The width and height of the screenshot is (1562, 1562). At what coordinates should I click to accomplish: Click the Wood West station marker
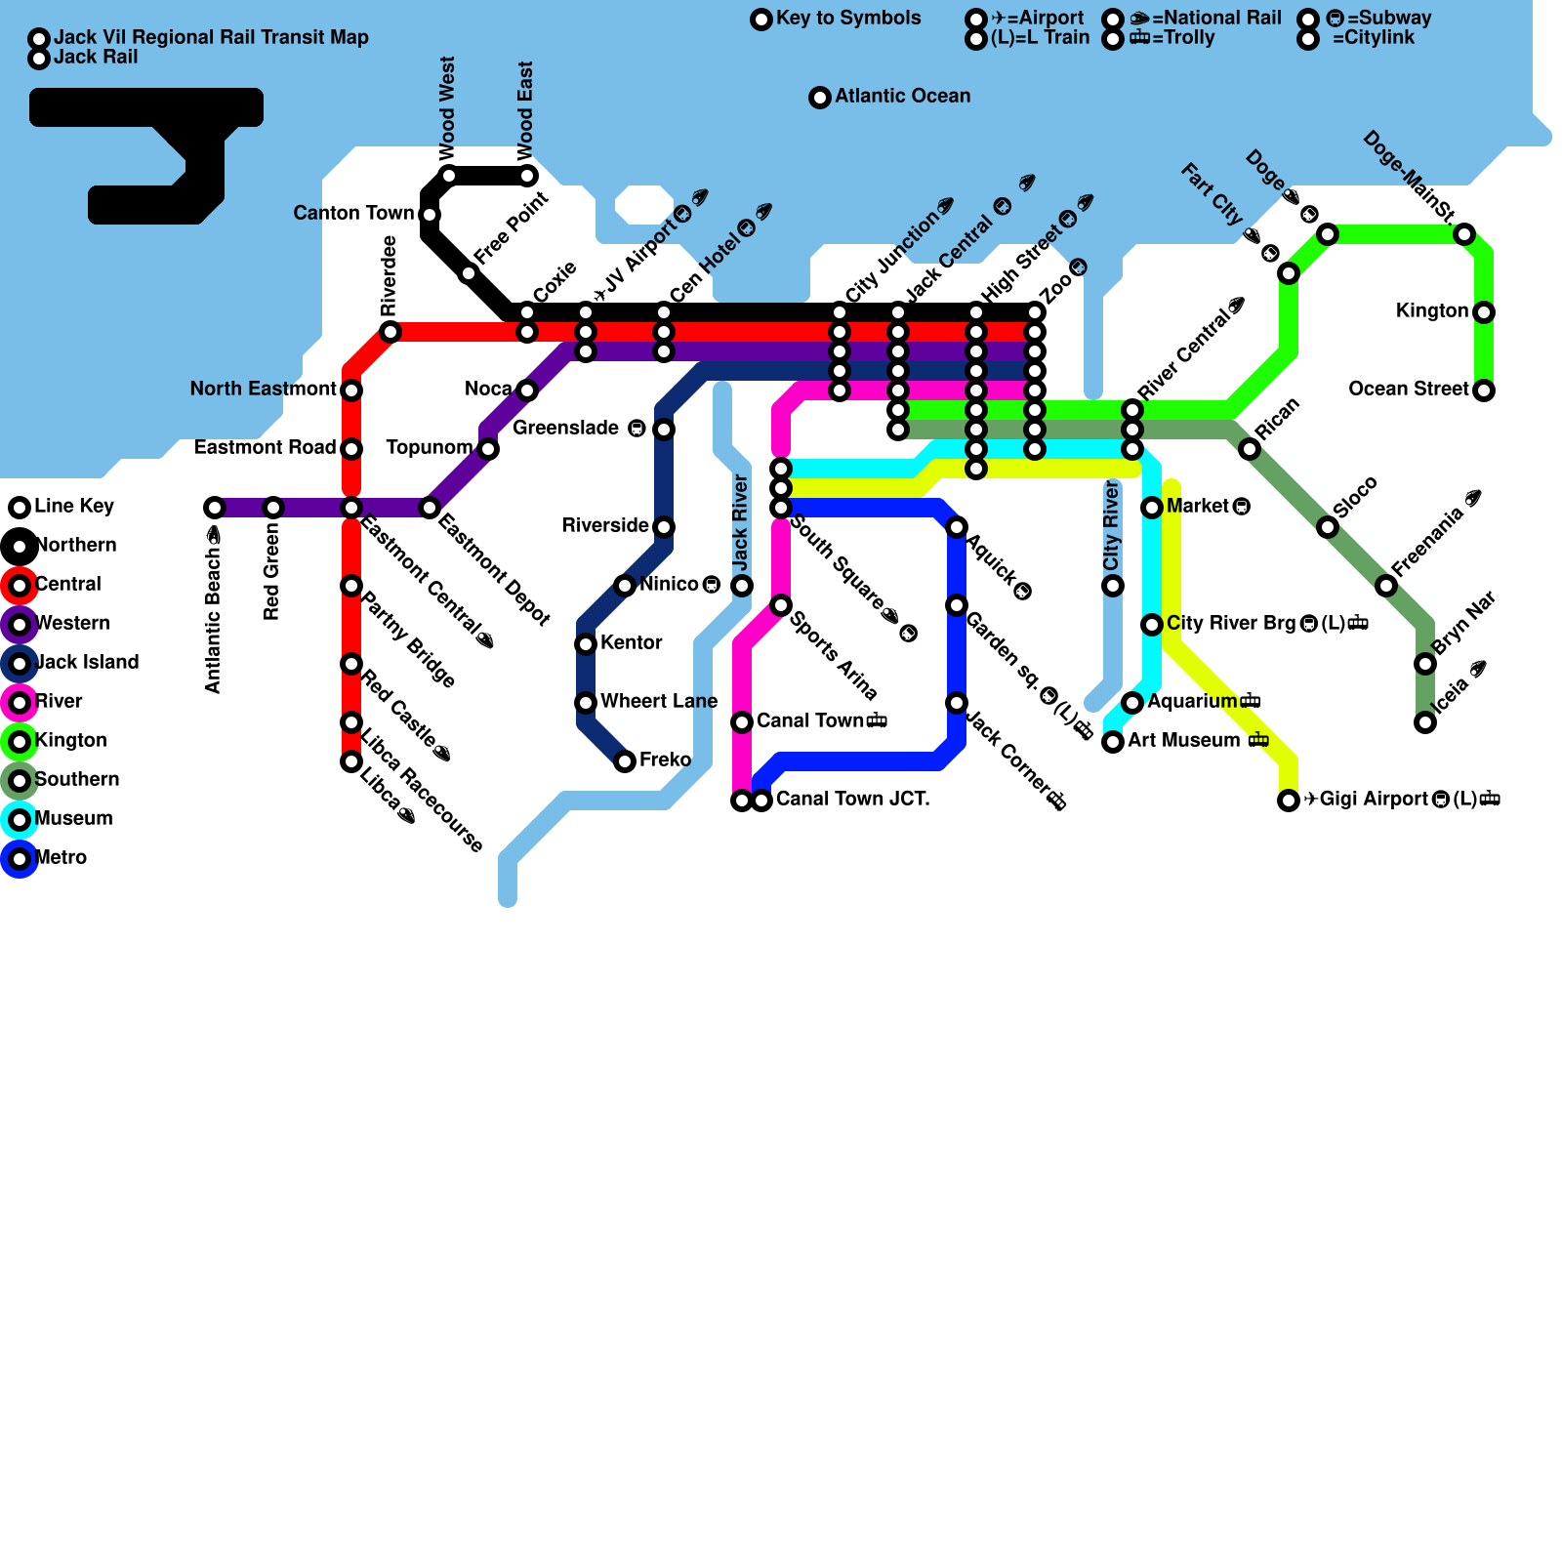449,176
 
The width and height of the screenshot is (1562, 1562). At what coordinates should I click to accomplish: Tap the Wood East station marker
527,176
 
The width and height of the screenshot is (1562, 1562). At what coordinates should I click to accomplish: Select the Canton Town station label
353,213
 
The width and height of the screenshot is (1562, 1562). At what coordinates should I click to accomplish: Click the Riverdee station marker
390,332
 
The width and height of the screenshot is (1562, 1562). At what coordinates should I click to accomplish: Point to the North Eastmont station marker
351,390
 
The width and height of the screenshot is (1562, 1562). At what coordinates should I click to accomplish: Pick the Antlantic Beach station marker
215,508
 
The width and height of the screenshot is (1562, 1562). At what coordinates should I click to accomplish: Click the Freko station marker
625,761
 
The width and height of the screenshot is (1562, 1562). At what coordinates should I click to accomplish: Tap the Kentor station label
631,642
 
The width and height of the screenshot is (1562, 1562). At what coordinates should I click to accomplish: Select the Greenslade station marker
664,430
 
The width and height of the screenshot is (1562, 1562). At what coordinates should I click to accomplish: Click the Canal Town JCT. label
852,800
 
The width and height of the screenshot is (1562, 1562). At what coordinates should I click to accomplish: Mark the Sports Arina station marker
781,605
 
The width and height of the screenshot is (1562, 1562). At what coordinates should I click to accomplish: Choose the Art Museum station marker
1113,742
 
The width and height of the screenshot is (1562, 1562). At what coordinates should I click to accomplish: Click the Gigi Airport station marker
1289,801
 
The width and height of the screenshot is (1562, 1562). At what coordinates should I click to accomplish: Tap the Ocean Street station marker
1484,390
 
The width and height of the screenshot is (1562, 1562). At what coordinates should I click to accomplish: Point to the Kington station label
1431,310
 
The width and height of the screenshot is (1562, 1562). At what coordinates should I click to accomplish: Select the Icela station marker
1425,722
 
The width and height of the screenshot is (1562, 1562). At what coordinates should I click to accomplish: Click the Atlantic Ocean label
902,96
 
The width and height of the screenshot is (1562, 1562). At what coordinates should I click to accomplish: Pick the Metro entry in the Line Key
61,858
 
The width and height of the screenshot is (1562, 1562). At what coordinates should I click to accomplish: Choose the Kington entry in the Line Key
70,741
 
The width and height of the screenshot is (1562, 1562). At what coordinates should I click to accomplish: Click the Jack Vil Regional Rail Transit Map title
211,37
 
